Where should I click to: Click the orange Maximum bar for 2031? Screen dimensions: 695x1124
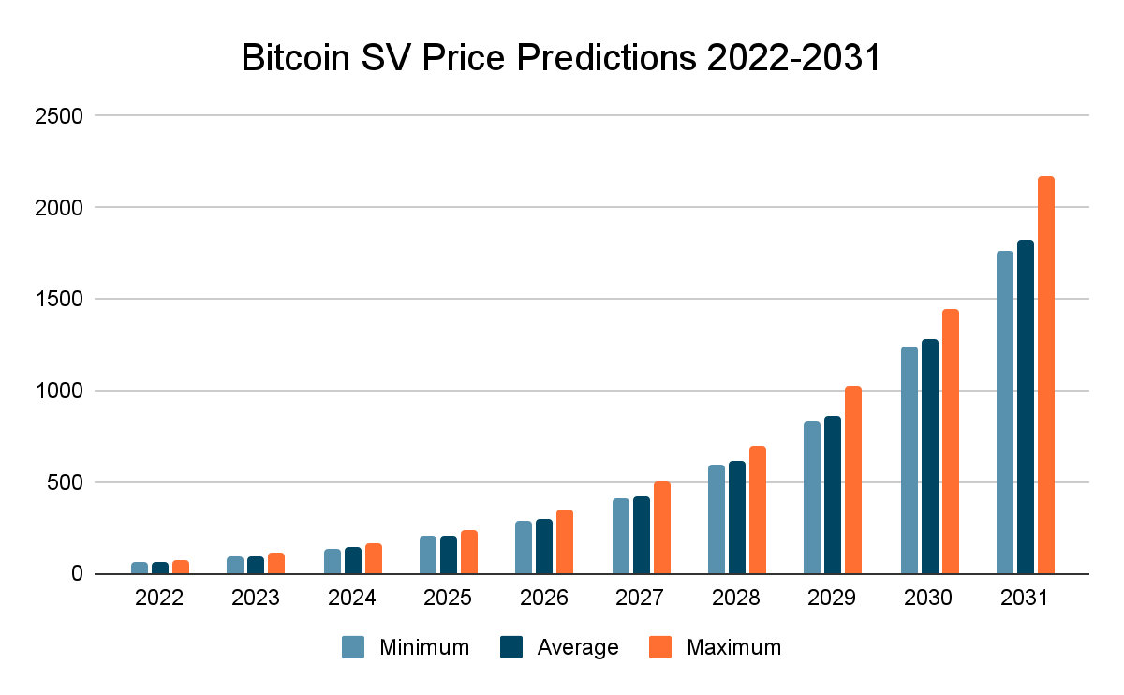(1045, 375)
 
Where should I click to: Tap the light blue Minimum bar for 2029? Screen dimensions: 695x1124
(812, 497)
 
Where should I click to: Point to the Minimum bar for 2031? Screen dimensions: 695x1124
(1004, 412)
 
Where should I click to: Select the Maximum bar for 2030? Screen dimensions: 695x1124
(951, 441)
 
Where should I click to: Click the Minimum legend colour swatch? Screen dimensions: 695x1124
(353, 647)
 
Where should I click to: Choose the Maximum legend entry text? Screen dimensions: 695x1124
(733, 647)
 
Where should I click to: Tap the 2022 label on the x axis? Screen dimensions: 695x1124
(159, 598)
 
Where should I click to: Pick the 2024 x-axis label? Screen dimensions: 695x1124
(352, 598)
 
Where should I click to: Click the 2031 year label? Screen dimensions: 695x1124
(1025, 598)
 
